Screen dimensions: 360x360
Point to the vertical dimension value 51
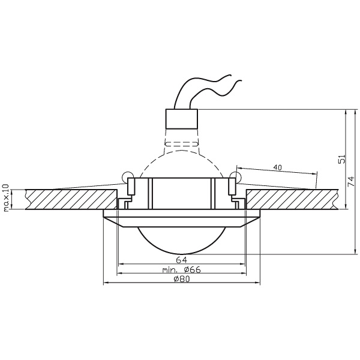click(x=342, y=159)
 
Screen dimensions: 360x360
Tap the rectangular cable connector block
click(x=181, y=118)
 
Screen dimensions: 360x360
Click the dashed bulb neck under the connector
click(x=181, y=143)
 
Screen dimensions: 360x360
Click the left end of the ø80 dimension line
click(x=104, y=283)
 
